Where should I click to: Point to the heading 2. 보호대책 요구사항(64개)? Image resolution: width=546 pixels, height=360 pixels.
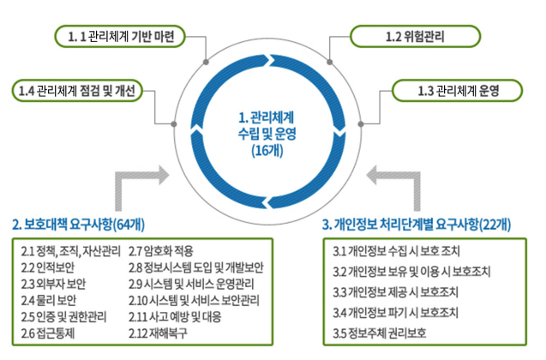[x=78, y=225]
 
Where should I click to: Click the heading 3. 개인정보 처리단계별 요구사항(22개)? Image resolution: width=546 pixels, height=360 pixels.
[x=417, y=225]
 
